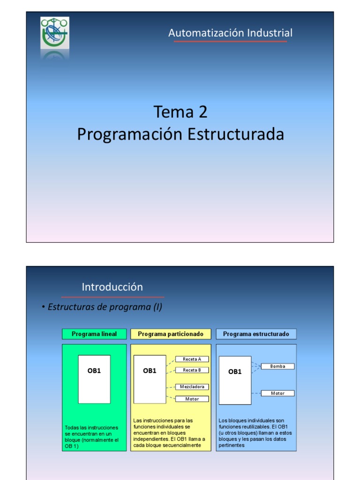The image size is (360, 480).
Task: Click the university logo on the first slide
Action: [x=55, y=33]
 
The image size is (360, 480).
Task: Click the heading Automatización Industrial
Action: [x=230, y=33]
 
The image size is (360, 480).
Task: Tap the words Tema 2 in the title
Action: [x=180, y=112]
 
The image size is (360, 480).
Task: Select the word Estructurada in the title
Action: [x=236, y=135]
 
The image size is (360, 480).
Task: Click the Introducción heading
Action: [x=112, y=287]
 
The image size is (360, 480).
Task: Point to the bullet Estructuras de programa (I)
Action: [x=102, y=307]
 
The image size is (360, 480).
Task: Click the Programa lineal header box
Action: [x=94, y=334]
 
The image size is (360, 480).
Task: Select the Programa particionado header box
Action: [x=171, y=334]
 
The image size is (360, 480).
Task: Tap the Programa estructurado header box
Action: [x=256, y=334]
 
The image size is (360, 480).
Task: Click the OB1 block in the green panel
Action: [x=94, y=379]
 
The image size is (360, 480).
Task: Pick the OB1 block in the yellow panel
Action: [x=150, y=379]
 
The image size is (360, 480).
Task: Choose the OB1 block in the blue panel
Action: [x=235, y=380]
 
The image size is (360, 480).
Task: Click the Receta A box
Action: [x=192, y=359]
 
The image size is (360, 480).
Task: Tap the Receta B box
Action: [x=192, y=370]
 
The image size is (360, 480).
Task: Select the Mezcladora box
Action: [x=192, y=387]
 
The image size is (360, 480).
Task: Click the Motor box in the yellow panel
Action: [x=192, y=399]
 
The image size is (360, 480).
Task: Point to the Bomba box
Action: [x=277, y=366]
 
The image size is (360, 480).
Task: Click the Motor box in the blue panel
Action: [x=277, y=393]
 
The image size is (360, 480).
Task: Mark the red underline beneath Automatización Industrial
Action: [x=230, y=42]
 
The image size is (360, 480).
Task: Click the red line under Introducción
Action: [x=112, y=297]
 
